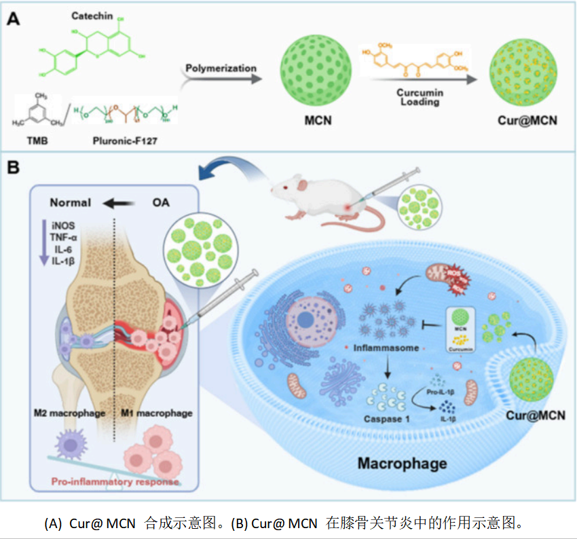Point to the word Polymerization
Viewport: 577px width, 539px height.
pos(221,68)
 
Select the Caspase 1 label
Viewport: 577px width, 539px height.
pos(388,419)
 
